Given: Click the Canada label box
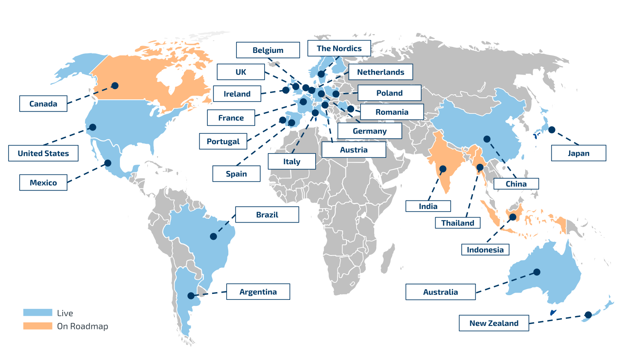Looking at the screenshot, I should pyautogui.click(x=43, y=104).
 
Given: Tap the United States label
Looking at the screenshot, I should pyautogui.click(x=43, y=153).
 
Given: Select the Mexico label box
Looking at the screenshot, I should pyautogui.click(x=43, y=183).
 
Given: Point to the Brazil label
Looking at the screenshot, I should pyautogui.click(x=267, y=215).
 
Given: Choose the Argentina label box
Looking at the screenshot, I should pyautogui.click(x=258, y=292).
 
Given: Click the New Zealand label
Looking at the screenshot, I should pyautogui.click(x=494, y=323).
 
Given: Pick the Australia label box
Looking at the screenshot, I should pyautogui.click(x=440, y=292).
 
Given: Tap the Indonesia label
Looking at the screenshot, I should pyautogui.click(x=485, y=250).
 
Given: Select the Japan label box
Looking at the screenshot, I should pyautogui.click(x=578, y=153).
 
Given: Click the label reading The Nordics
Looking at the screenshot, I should pyautogui.click(x=339, y=48).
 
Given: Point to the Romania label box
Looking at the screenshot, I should pyautogui.click(x=392, y=112).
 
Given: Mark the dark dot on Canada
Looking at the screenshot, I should pyautogui.click(x=115, y=85).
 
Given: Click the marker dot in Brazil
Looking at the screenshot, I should pyautogui.click(x=213, y=236).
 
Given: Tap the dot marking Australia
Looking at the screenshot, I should pyautogui.click(x=537, y=272).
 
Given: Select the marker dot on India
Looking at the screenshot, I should pyautogui.click(x=443, y=169).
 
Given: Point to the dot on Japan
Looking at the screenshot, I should pyautogui.click(x=552, y=130).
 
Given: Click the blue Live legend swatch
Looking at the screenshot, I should pyautogui.click(x=38, y=313).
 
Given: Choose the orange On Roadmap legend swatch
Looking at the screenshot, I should pyautogui.click(x=38, y=326).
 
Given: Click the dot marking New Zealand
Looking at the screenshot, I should pyautogui.click(x=588, y=315).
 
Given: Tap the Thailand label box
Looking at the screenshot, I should pyautogui.click(x=457, y=223).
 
